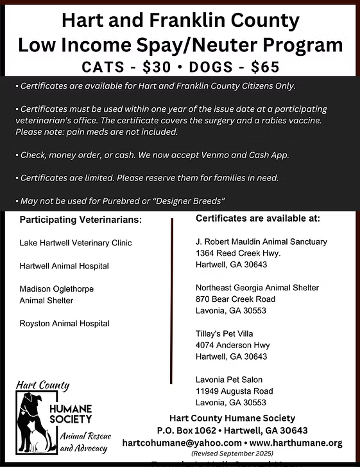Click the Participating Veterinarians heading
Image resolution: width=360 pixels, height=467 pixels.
coord(81,220)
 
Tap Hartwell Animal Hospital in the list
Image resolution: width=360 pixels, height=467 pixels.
coord(64,266)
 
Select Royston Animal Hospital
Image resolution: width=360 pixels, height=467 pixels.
coord(64,323)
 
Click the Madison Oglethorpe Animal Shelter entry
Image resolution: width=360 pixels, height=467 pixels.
coord(56,295)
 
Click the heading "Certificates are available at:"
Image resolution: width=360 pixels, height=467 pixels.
coord(257,218)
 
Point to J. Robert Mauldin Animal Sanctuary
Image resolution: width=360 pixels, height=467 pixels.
coord(261,242)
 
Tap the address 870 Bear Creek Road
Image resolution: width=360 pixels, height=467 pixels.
coord(235,299)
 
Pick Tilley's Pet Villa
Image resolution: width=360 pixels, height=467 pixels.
coord(224,334)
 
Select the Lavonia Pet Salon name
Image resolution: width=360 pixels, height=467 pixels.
coord(229,380)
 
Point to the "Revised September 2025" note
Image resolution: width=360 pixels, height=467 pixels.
coord(232,453)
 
